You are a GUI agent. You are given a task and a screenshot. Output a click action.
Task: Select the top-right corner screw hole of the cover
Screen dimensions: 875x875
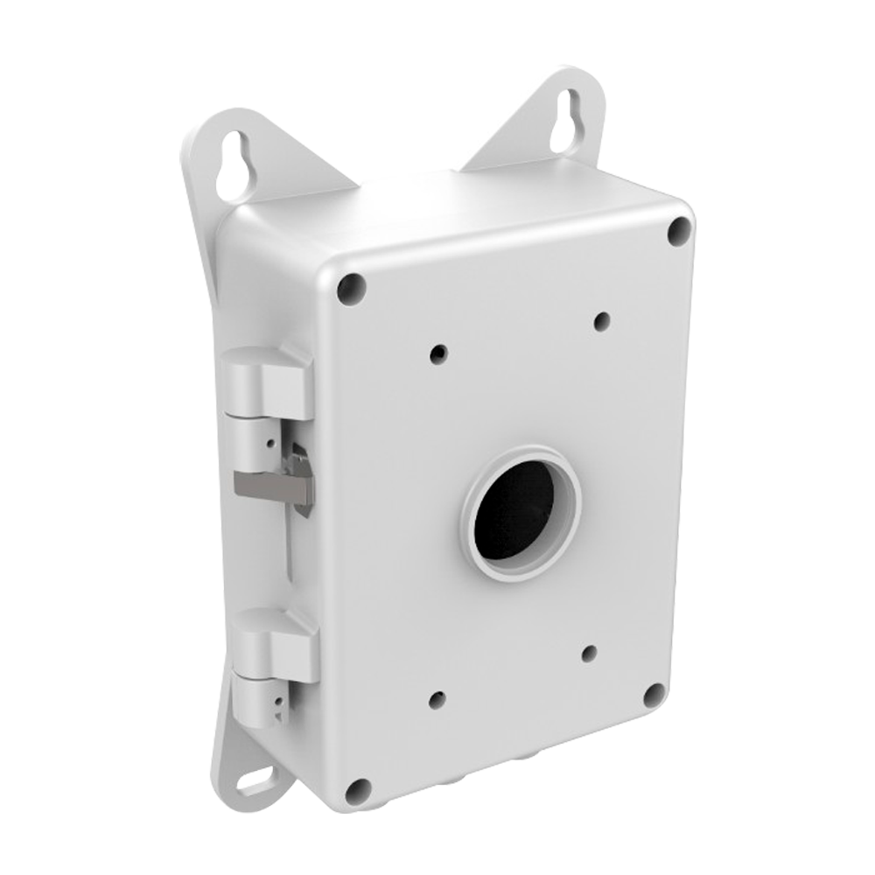click(680, 231)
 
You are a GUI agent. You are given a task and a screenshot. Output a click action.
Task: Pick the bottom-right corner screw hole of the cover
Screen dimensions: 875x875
click(654, 696)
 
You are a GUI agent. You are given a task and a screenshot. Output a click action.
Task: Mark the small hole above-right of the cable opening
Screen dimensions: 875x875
click(601, 322)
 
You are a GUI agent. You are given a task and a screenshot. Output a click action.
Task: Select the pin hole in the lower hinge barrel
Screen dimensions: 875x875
click(278, 700)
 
